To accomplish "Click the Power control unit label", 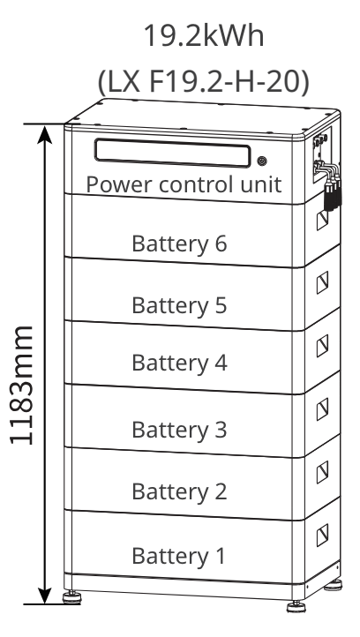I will click(184, 185).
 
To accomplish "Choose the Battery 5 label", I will click(179, 305).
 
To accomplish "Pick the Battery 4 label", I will click(179, 362).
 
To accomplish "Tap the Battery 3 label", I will click(179, 430).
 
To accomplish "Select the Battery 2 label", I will click(179, 491).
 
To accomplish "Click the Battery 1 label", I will click(179, 556).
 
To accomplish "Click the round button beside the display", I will click(262, 161).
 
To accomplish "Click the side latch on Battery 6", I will click(323, 221).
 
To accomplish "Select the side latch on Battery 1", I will click(323, 531).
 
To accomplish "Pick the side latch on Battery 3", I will click(323, 407).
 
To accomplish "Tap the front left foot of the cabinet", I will click(71, 601).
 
